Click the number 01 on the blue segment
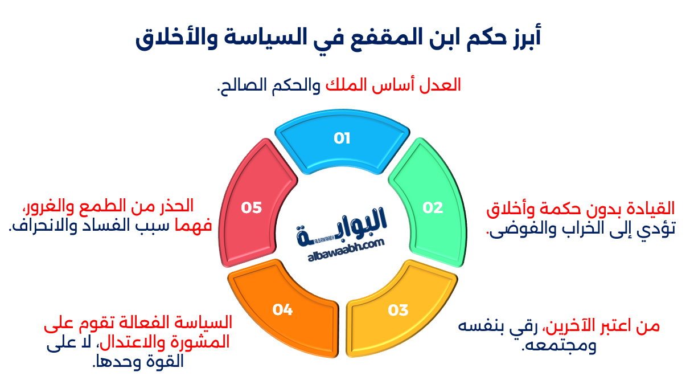click(x=342, y=138)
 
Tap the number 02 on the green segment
click(x=433, y=208)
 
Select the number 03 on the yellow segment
click(x=399, y=310)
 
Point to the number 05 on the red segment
click(x=251, y=208)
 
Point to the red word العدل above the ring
click(x=444, y=85)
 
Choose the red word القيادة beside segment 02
click(x=649, y=209)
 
